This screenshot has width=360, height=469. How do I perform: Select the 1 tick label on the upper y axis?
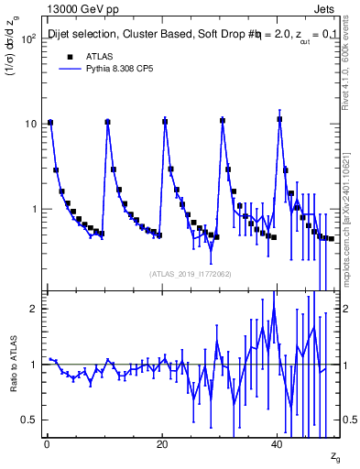(x=36, y=209)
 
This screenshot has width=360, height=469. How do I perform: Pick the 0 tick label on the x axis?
(x=47, y=444)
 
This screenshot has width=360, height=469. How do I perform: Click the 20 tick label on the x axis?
(x=162, y=444)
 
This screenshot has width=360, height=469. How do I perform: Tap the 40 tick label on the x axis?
(x=278, y=444)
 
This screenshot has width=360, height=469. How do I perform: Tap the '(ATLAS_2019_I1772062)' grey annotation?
(x=191, y=274)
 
